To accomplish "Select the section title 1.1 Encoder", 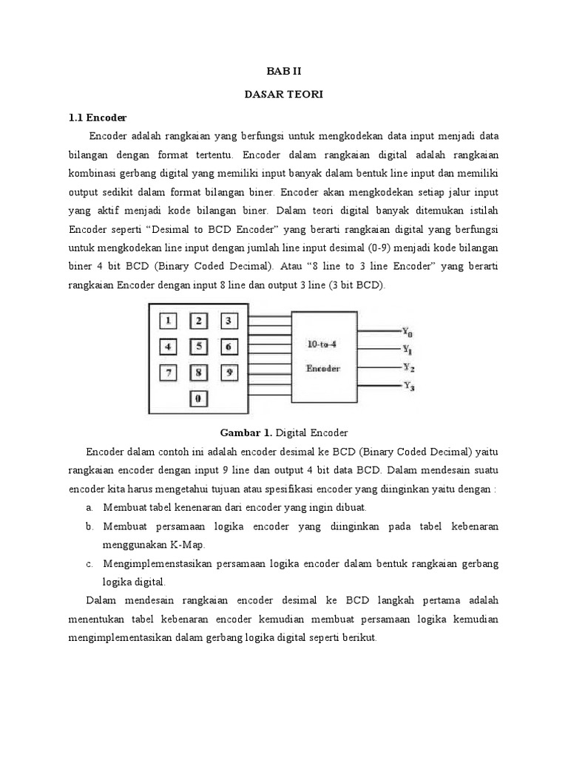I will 98,118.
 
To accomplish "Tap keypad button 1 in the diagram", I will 169,321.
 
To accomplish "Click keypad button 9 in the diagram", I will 229,373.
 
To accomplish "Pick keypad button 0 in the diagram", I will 198,399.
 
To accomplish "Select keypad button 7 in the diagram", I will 169,373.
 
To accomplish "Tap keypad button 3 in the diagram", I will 229,321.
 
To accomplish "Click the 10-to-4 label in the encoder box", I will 322,343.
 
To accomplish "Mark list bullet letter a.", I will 89,507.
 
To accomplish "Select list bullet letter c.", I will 89,563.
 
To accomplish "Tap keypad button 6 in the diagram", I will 229,346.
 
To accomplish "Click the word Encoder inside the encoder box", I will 323,367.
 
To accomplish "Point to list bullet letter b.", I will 89,526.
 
